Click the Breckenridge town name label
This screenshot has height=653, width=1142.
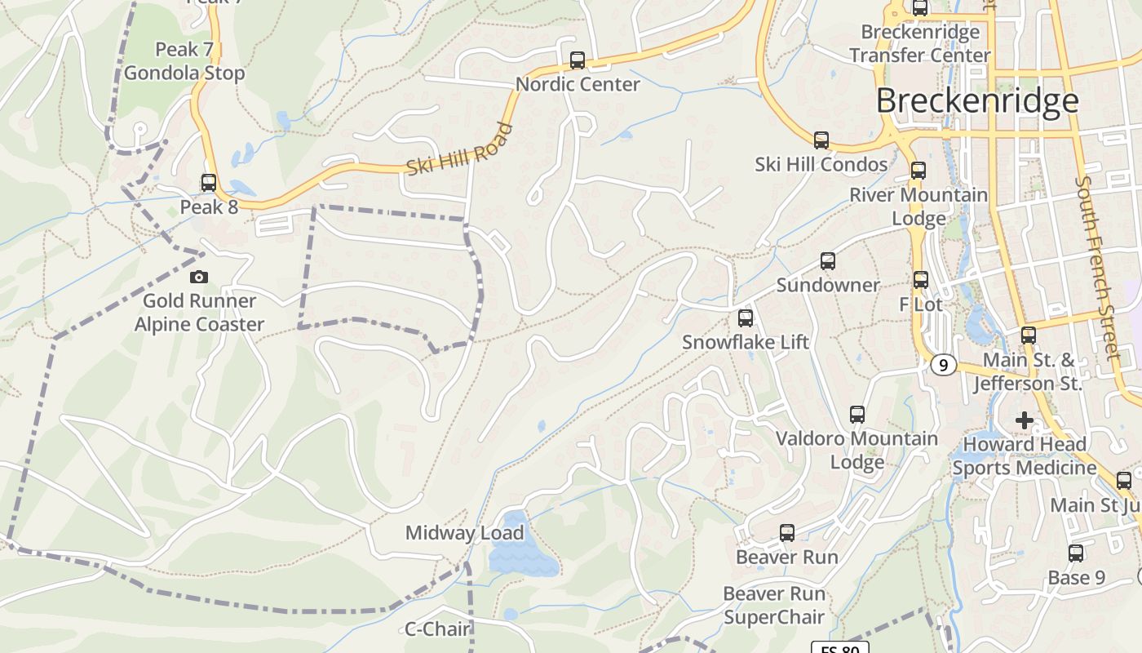click(x=977, y=100)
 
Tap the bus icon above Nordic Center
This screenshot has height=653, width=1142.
click(x=578, y=60)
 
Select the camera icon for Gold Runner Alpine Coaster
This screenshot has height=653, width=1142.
click(x=199, y=278)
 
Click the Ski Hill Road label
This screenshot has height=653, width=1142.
click(x=459, y=149)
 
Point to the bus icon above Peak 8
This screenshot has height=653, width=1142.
click(x=209, y=183)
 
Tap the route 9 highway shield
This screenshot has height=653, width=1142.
click(x=943, y=365)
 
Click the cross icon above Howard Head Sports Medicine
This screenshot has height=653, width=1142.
click(x=1025, y=420)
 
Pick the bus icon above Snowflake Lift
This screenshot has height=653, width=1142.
click(x=746, y=318)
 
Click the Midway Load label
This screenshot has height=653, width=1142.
click(x=464, y=533)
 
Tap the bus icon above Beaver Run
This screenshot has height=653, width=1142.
click(x=787, y=533)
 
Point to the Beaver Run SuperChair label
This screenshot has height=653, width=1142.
click(x=774, y=605)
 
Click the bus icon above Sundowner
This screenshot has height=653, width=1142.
click(x=828, y=261)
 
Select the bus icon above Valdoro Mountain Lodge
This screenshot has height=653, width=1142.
click(x=857, y=415)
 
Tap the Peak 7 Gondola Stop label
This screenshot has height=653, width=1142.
click(x=184, y=61)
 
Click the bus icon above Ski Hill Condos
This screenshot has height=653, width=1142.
click(x=821, y=140)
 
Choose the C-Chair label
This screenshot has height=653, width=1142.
click(x=438, y=629)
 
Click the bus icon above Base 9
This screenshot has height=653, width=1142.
click(x=1076, y=553)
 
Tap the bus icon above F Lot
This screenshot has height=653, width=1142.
click(x=921, y=280)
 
